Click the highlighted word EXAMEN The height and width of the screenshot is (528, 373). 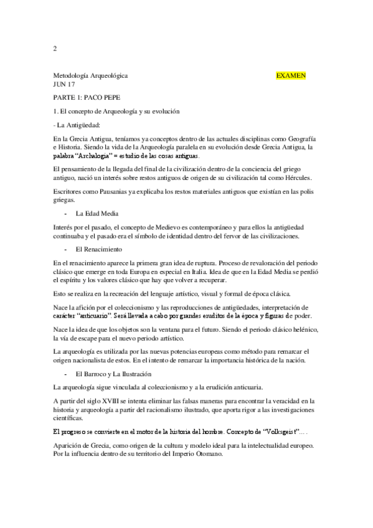click(290, 75)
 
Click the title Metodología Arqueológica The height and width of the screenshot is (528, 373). click(90, 75)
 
